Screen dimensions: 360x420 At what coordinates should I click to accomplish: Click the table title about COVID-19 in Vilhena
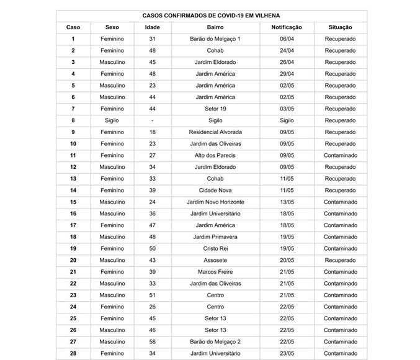(211, 15)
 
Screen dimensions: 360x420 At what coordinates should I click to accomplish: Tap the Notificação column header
(287, 27)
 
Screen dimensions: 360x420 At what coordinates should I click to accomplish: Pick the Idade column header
(152, 27)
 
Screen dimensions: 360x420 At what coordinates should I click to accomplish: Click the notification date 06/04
(287, 39)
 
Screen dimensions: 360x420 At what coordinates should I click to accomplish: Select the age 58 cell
(152, 342)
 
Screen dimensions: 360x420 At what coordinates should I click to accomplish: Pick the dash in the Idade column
(152, 120)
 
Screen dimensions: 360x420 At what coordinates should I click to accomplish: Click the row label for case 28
(73, 354)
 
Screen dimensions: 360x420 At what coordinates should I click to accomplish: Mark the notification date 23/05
(287, 354)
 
